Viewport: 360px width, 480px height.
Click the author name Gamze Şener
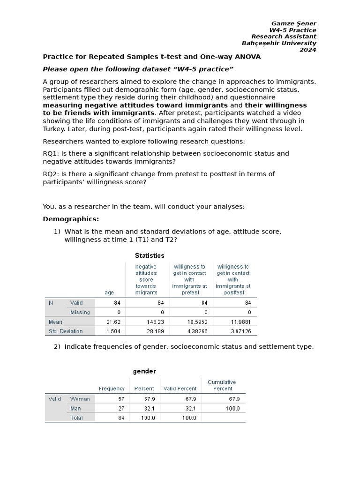pyautogui.click(x=294, y=23)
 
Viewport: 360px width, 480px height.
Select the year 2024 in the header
pyautogui.click(x=308, y=50)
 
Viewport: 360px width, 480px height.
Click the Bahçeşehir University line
pyautogui.click(x=279, y=43)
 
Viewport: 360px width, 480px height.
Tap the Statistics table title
pyautogui.click(x=150, y=255)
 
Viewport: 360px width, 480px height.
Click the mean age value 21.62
pyautogui.click(x=113, y=322)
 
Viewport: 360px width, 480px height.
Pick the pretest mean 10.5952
pyautogui.click(x=197, y=322)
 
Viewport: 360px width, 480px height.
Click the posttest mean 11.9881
pyautogui.click(x=240, y=322)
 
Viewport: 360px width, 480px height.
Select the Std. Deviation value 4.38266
pyautogui.click(x=197, y=331)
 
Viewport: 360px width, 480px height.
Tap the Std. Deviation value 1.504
pyautogui.click(x=113, y=331)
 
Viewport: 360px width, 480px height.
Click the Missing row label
pyautogui.click(x=80, y=312)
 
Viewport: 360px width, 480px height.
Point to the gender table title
pyautogui.click(x=144, y=371)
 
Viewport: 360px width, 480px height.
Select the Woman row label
pyautogui.click(x=80, y=399)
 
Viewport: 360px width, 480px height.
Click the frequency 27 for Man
pyautogui.click(x=121, y=408)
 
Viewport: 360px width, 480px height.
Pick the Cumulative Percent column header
pyautogui.click(x=223, y=385)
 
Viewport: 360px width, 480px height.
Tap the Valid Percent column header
pyautogui.click(x=180, y=389)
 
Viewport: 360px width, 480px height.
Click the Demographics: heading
pyautogui.click(x=71, y=219)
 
